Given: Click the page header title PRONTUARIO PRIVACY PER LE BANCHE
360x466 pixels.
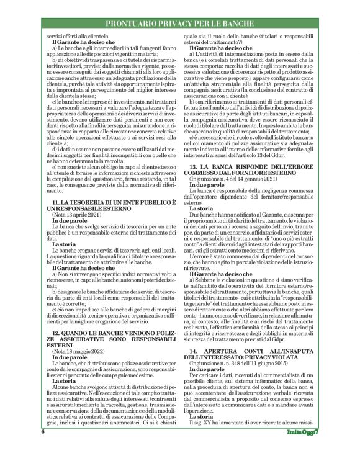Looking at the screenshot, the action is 179,24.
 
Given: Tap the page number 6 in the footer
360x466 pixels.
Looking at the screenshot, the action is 43,449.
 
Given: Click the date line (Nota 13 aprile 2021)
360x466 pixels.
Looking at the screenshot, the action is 74,213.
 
